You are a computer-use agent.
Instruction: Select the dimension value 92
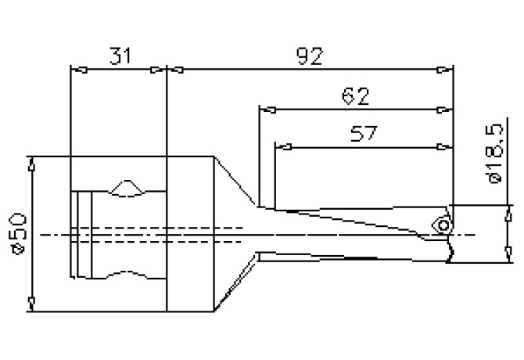click(x=310, y=56)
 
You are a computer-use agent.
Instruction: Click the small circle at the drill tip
click(x=443, y=225)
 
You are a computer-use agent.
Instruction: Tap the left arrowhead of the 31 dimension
click(x=76, y=70)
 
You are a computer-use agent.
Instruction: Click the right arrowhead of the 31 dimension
click(x=160, y=70)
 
